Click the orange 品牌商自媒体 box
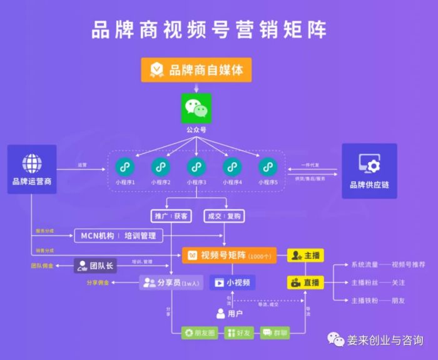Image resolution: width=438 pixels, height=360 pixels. tap(196, 69)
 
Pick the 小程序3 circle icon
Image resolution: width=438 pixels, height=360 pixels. tap(196, 167)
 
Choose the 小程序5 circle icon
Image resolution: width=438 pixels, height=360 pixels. tap(268, 167)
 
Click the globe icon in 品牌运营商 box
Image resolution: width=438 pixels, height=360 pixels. tap(32, 163)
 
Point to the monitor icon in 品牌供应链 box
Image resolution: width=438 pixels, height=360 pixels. tap(369, 164)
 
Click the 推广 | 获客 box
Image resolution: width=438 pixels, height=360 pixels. tap(170, 216)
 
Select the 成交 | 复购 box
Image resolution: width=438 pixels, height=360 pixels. tap(223, 216)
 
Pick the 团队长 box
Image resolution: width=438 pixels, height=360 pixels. tap(96, 265)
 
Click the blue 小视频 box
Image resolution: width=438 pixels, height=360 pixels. tap(233, 282)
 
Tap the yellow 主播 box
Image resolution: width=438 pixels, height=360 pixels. tap(305, 255)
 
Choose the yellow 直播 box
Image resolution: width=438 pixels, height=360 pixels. tap(305, 282)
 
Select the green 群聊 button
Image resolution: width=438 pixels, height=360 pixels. tap(275, 332)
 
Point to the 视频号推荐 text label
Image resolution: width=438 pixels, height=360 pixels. tap(409, 265)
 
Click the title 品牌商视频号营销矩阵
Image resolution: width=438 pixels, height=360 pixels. tap(209, 29)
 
